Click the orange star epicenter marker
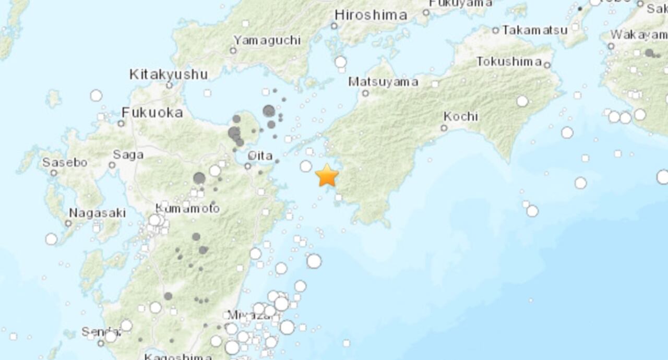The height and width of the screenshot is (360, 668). point(327,175)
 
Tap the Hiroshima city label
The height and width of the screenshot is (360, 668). point(371,15)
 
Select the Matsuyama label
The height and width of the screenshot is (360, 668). point(383,82)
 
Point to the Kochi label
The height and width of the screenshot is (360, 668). point(460,116)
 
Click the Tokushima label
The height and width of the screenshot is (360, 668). point(509,62)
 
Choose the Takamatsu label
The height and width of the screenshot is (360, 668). point(534,30)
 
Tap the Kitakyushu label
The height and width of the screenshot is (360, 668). point(169,75)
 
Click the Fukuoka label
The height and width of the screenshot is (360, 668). point(152,112)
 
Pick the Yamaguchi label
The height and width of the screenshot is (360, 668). point(267,40)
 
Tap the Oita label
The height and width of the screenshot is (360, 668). point(260,155)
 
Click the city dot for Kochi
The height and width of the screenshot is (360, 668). point(444,128)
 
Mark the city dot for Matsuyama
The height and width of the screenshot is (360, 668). point(365,93)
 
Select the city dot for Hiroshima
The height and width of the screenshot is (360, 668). point(334,26)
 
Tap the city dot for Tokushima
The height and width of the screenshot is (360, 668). point(547,65)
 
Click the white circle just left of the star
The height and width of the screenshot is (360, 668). point(306,166)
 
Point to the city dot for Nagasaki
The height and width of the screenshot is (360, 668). point(68,223)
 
